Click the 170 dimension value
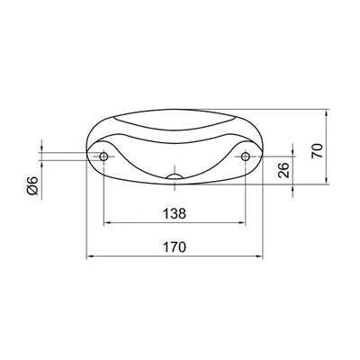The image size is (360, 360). click(175, 247)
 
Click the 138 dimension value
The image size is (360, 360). click(175, 214)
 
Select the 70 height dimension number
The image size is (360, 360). click(317, 150)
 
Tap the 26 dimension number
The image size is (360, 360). click(283, 170)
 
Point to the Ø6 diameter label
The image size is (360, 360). click(32, 185)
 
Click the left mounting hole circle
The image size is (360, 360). click(103, 157)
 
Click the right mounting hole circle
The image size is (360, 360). click(246, 157)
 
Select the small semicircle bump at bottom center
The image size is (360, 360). click(175, 176)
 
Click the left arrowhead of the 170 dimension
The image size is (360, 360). click(90, 256)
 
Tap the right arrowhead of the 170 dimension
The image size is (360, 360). click(259, 256)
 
